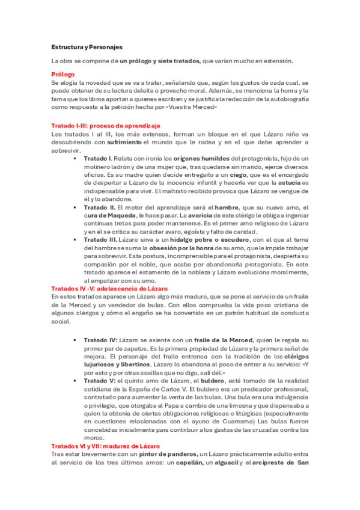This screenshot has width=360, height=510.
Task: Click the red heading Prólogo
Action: [63, 75]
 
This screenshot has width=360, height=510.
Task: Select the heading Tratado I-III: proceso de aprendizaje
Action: [106, 126]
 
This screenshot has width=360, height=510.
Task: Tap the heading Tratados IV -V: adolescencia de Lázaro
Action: [109, 289]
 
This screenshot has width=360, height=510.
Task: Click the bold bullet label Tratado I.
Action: [102, 158]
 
